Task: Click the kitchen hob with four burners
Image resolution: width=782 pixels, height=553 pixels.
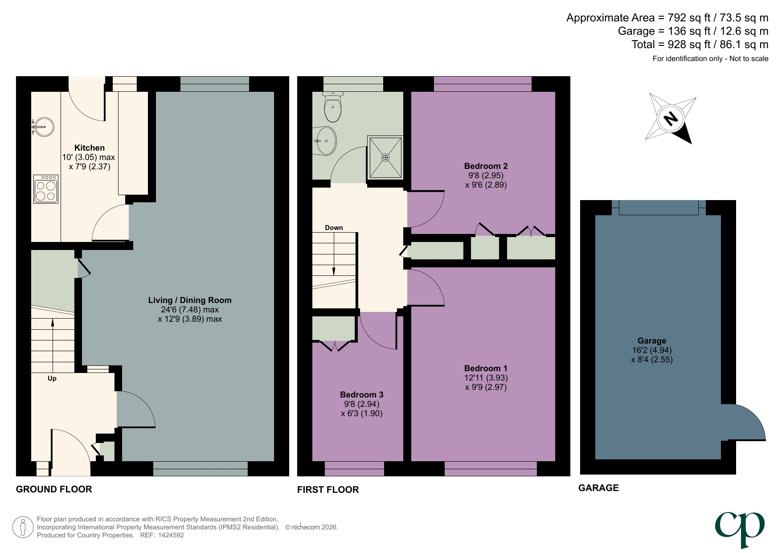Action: coord(46,189)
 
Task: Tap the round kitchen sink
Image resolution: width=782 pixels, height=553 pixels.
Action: coord(43,127)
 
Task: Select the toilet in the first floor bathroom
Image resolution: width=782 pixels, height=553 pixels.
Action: coord(333,107)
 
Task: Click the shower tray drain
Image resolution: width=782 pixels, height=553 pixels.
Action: coord(385,158)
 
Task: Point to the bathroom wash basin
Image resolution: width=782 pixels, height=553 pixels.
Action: coord(326,141)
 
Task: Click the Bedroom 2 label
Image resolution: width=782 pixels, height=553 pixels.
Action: coord(486,166)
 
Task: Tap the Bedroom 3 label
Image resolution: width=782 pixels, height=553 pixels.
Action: coord(361,394)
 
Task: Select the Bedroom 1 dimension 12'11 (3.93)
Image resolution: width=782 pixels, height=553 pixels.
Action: coord(486,377)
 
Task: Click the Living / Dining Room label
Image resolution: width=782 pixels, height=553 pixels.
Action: coord(190,300)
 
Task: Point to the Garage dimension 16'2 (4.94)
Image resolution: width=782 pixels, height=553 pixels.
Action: coord(651,350)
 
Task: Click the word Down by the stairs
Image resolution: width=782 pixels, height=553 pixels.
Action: coord(334,228)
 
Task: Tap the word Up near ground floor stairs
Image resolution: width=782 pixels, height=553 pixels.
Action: coord(52,378)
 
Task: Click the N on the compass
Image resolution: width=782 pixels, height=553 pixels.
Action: coord(671,119)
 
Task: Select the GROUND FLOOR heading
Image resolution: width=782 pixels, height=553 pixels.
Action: coord(54,489)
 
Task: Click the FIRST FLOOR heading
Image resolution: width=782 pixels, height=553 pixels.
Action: coord(328,489)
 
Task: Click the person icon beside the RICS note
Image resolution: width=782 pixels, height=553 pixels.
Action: coord(22,527)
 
